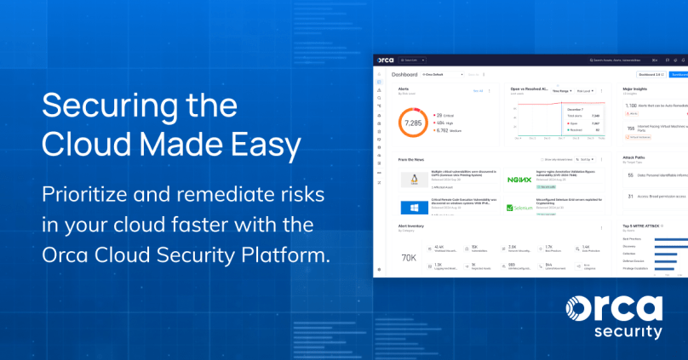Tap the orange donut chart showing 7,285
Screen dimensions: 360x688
[412, 123]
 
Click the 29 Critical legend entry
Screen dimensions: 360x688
[444, 114]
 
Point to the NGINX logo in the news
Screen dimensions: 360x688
[519, 179]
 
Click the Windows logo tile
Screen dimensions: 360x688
[413, 207]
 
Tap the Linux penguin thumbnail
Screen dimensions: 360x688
[413, 180]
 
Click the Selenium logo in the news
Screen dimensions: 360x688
[519, 207]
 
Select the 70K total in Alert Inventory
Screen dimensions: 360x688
[409, 257]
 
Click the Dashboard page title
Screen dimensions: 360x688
[404, 75]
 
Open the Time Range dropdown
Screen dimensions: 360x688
[561, 90]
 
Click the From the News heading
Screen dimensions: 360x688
[410, 159]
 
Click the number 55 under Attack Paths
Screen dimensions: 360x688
[629, 174]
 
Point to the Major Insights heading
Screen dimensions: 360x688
[637, 88]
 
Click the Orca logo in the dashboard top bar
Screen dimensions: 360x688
[384, 60]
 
